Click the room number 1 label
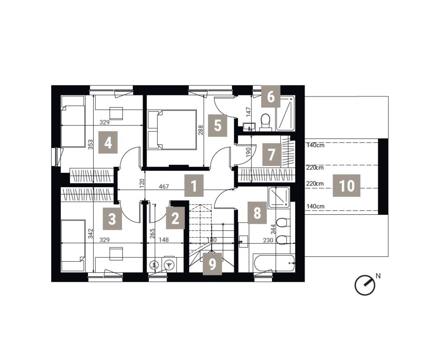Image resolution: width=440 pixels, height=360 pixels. click(194, 186)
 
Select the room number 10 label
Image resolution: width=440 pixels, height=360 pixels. click(347, 186)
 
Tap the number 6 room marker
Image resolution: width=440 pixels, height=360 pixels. click(271, 97)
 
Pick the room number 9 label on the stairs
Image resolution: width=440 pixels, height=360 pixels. click(212, 264)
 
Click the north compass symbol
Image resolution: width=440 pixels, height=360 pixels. click(365, 285)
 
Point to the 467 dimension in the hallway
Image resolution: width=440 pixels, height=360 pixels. click(164, 186)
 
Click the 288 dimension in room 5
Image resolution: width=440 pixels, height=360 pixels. click(201, 130)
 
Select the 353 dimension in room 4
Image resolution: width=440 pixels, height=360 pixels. click(90, 145)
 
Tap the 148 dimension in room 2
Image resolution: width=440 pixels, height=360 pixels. click(164, 240)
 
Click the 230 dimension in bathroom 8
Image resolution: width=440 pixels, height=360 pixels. click(268, 240)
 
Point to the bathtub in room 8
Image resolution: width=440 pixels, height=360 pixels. click(274, 263)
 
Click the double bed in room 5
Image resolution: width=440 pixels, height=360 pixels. click(172, 129)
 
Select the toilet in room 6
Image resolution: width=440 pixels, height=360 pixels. click(265, 122)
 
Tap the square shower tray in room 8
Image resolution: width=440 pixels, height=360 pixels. click(278, 198)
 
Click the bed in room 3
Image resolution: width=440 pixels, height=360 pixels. click(73, 246)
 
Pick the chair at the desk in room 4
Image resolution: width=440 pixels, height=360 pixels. click(116, 113)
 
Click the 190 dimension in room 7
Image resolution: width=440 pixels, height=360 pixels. click(248, 153)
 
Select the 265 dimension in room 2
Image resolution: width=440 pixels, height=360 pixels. click(153, 233)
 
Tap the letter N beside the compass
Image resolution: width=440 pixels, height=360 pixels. click(378, 276)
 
